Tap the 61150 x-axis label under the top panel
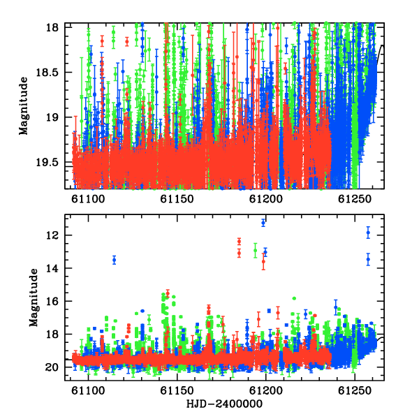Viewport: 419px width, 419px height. coord(177,199)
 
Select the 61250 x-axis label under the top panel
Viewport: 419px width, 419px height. coord(355,199)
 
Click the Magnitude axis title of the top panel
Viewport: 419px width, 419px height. coord(24,106)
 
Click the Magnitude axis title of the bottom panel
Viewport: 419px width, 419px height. coord(34,297)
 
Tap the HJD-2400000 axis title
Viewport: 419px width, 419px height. coord(224,404)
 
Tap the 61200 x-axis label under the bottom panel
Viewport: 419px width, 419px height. coord(265,391)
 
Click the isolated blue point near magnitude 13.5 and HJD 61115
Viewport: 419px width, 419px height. coord(115,260)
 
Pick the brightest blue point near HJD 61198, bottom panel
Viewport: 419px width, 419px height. coord(263,223)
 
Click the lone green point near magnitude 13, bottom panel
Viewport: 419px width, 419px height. coord(255,251)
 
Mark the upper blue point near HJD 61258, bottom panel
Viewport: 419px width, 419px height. coord(368,233)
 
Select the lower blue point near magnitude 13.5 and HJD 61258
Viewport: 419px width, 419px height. coord(368,259)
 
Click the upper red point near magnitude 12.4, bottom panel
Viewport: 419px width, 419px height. coord(239,242)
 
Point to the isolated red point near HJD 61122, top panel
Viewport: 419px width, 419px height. coord(127,41)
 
